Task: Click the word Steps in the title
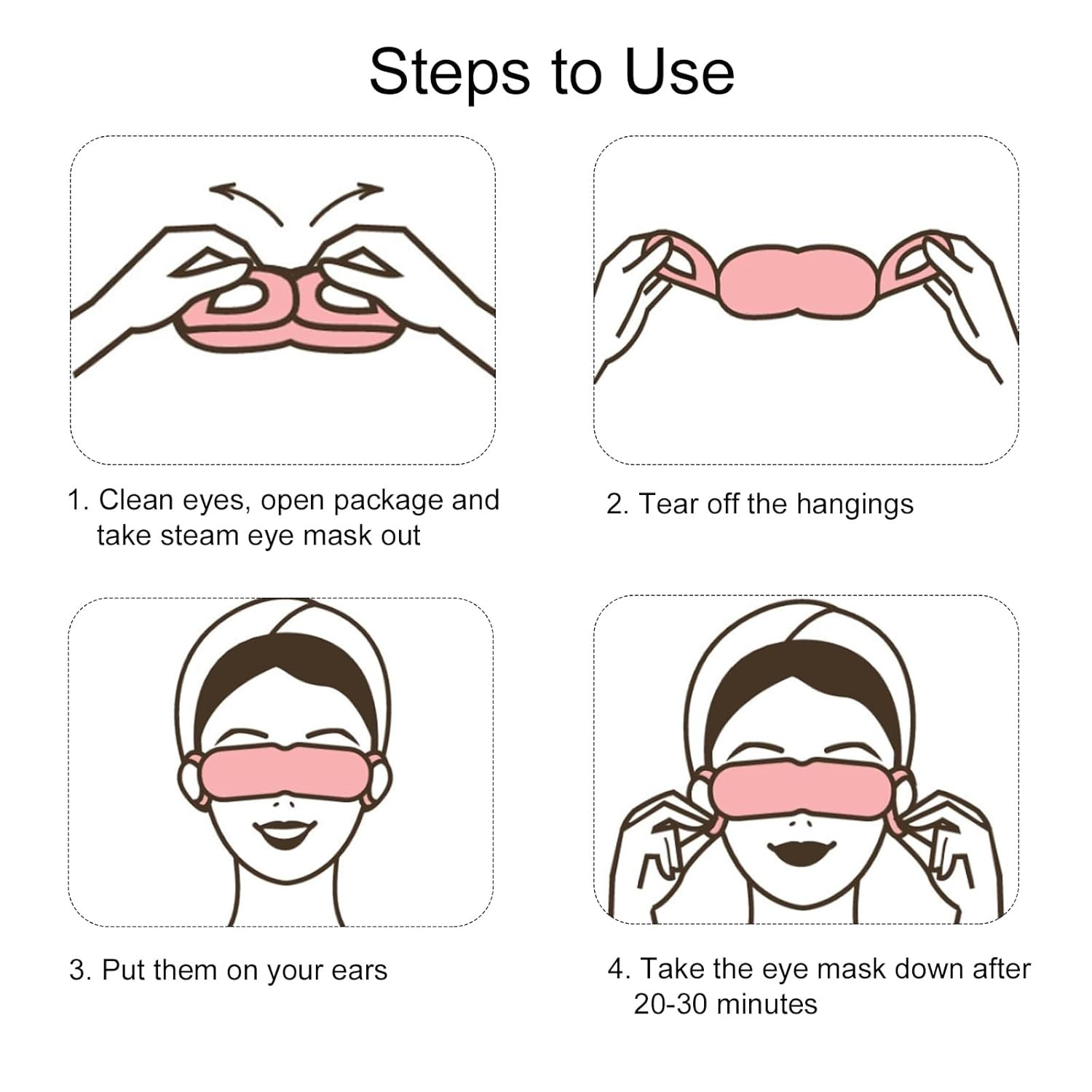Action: click(x=450, y=72)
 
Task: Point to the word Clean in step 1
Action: click(x=136, y=500)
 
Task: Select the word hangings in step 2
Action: click(x=855, y=505)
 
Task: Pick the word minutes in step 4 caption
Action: click(x=775, y=1005)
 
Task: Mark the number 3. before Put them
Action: click(x=82, y=971)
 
